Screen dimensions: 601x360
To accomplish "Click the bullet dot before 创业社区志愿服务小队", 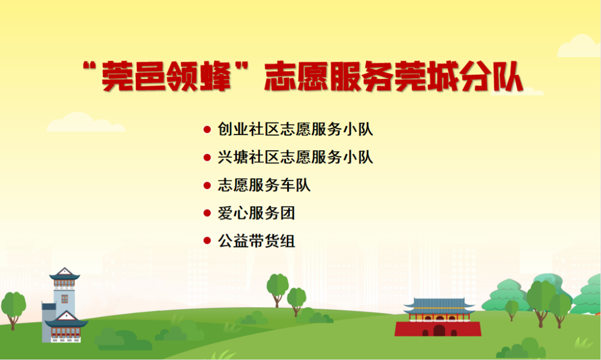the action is [207, 130].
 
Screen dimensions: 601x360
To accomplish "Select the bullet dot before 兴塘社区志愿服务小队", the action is [207, 157].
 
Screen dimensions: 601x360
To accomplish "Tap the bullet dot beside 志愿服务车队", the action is [207, 185].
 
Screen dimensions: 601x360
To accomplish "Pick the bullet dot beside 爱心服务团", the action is [207, 213].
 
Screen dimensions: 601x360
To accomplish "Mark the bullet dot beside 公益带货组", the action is [207, 241].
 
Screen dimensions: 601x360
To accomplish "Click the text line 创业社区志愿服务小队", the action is [295, 129].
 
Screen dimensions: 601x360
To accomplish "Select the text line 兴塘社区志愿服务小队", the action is [295, 157].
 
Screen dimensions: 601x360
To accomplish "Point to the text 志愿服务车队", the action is [264, 185].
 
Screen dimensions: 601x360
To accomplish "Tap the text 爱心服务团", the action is [257, 213].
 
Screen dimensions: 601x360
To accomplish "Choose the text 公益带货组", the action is [257, 241].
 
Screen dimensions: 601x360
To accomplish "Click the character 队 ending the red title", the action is [508, 77].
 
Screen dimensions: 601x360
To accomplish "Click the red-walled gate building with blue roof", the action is [438, 317].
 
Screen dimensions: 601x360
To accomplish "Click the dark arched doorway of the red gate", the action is [439, 331].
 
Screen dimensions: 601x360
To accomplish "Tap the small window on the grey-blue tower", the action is [65, 299].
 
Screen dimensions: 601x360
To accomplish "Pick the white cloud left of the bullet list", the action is [86, 122].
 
